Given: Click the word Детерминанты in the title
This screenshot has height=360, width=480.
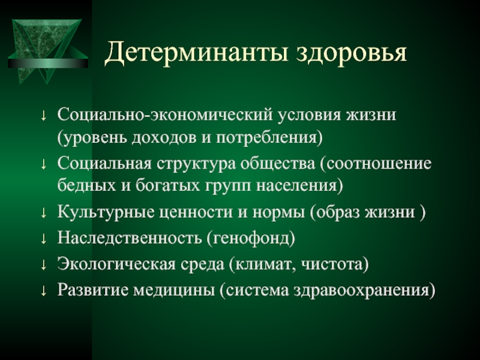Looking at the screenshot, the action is click(x=196, y=53).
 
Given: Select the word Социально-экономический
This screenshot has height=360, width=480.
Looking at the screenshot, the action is click(x=164, y=115).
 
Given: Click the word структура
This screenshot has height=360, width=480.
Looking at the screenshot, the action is click(x=196, y=164).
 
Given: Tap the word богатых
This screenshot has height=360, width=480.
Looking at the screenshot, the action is click(x=168, y=185).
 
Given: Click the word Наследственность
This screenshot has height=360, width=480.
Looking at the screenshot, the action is click(x=129, y=238).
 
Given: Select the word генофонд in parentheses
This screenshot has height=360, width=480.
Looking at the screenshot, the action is click(x=251, y=238).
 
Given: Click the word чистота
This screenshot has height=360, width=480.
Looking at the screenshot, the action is click(x=332, y=265).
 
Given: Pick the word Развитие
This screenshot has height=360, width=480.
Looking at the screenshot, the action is click(x=93, y=290).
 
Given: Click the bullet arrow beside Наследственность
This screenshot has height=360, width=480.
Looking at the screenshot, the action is click(x=43, y=238).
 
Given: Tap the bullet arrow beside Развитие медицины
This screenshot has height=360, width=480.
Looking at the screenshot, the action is click(x=43, y=291).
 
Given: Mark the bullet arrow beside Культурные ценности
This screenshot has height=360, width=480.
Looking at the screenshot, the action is click(x=43, y=213).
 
